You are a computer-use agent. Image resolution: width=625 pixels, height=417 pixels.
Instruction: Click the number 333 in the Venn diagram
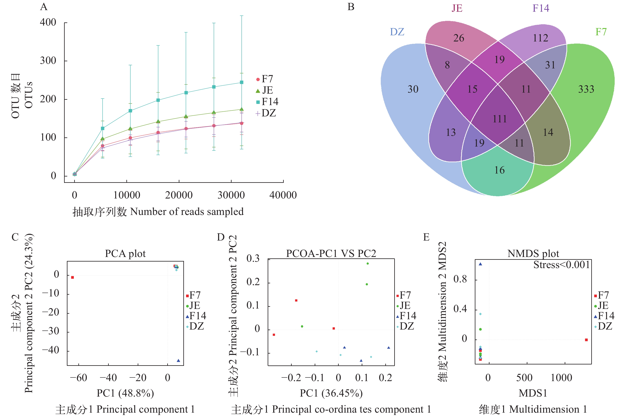tap(586, 89)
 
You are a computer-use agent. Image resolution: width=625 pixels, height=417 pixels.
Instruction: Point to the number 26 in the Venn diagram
tap(459, 38)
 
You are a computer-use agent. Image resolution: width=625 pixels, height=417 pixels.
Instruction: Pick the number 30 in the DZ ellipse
tap(413, 89)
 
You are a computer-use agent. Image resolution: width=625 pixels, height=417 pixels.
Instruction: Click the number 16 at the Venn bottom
tap(499, 170)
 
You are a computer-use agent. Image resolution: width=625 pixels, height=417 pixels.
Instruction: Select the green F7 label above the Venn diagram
tap(601, 32)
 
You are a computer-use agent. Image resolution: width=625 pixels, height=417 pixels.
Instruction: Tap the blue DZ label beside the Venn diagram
tap(397, 32)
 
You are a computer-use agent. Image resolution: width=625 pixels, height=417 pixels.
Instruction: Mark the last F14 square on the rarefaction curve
tap(242, 82)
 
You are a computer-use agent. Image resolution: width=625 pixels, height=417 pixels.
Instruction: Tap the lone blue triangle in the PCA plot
tap(178, 361)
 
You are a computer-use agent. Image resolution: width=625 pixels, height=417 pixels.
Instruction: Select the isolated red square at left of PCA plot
tap(72, 277)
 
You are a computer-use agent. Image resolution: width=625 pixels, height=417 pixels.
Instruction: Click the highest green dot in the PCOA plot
tap(368, 264)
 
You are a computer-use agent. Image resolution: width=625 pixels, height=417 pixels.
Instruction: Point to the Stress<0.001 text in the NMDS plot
tap(562, 265)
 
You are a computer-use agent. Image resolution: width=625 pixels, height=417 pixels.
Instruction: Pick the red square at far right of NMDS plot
tap(586, 340)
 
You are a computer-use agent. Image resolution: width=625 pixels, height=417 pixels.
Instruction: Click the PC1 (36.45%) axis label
tap(331, 393)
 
